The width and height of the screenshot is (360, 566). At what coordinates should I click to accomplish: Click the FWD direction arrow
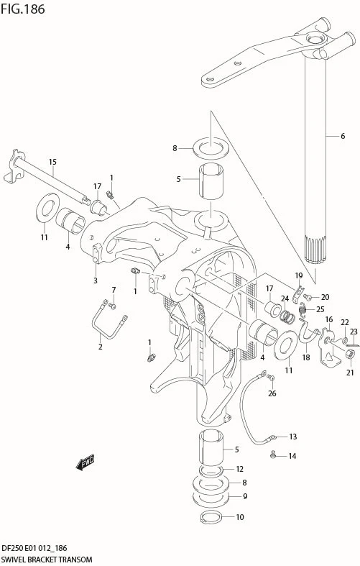click(x=85, y=462)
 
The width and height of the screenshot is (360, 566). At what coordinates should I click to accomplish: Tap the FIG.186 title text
click(x=22, y=9)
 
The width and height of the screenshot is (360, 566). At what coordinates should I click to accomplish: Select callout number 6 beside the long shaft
click(x=342, y=136)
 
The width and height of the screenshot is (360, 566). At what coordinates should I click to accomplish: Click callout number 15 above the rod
click(x=52, y=162)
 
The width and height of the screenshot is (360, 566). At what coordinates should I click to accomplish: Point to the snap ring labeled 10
click(x=211, y=517)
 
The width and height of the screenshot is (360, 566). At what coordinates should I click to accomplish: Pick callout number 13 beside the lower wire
click(x=293, y=437)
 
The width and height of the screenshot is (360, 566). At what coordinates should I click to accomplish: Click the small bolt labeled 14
click(x=273, y=455)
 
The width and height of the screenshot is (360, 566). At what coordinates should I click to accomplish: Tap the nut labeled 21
click(x=349, y=355)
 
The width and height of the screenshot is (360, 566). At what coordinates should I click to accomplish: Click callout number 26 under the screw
click(x=272, y=393)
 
